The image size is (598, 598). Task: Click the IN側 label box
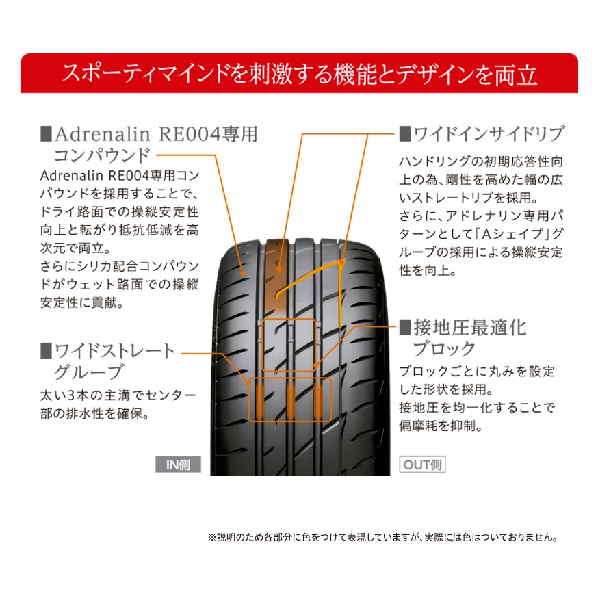coord(178,465)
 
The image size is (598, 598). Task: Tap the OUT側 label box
coord(422,465)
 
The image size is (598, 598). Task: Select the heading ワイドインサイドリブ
coord(490,133)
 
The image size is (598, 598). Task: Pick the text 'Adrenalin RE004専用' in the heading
coord(156,133)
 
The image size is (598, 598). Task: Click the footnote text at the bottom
coord(382,537)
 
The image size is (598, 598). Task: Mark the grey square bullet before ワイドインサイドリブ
coord(404,133)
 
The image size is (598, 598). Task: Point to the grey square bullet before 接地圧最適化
coord(404,327)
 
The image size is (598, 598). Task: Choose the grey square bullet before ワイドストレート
coord(46,351)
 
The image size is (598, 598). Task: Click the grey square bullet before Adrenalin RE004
coord(46,133)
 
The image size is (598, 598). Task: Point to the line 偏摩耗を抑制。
coord(441,426)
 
